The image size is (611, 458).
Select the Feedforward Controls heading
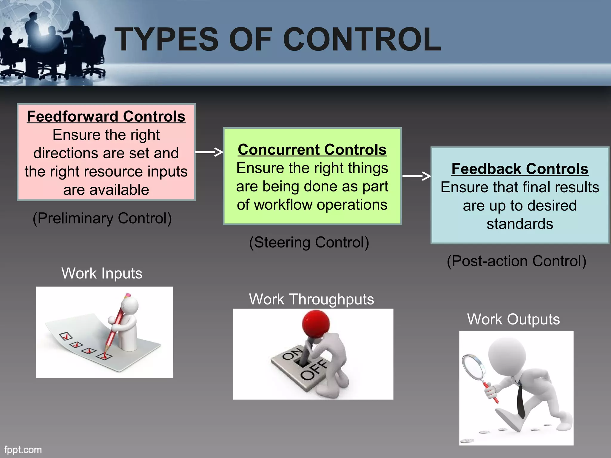106,116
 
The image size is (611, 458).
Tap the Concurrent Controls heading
312,149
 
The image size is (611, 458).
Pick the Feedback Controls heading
520,169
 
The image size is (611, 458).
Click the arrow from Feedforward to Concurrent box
209,152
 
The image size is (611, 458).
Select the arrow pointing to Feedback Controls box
416,176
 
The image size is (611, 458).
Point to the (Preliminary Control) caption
102,218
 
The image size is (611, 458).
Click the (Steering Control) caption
309,242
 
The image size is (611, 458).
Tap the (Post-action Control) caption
516,261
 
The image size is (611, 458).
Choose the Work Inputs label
102,273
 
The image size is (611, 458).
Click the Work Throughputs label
311,299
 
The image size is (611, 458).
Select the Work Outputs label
513,319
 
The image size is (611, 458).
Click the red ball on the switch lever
316,324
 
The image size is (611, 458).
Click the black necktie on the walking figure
521,401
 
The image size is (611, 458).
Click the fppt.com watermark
23,450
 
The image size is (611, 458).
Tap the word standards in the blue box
520,224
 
